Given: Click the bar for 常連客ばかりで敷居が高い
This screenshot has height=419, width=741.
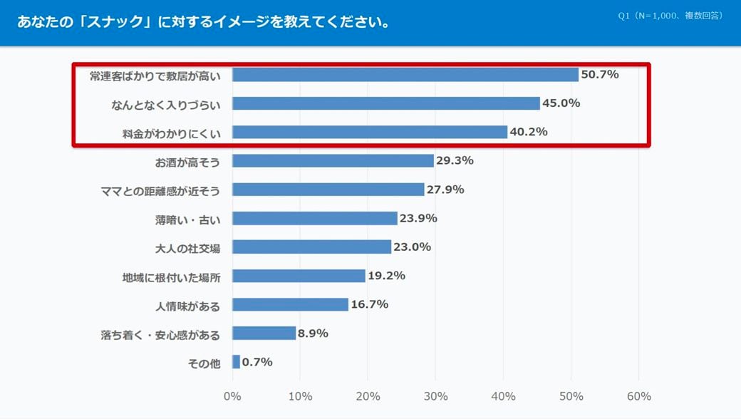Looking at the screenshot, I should pyautogui.click(x=405, y=75).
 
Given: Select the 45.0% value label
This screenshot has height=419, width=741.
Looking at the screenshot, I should pyautogui.click(x=561, y=103).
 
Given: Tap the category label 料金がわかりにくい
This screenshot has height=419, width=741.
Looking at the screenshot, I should pyautogui.click(x=172, y=133).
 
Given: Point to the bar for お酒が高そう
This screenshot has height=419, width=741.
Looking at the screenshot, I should pyautogui.click(x=333, y=161).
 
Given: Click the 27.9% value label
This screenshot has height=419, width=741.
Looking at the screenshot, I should pyautogui.click(x=445, y=190).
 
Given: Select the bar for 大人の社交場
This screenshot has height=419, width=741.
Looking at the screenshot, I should pyautogui.click(x=311, y=247).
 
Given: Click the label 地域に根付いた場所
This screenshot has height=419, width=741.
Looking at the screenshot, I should pyautogui.click(x=171, y=277).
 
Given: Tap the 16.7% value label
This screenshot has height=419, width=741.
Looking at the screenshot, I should pyautogui.click(x=369, y=304).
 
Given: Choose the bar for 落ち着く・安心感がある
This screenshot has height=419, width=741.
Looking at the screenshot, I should pyautogui.click(x=264, y=333).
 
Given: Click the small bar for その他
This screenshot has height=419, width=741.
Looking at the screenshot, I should pyautogui.click(x=236, y=362).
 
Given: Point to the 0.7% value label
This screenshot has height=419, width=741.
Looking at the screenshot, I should pyautogui.click(x=257, y=362).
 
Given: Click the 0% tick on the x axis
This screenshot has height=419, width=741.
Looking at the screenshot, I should pyautogui.click(x=232, y=396).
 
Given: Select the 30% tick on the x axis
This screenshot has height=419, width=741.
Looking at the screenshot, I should pyautogui.click(x=435, y=396).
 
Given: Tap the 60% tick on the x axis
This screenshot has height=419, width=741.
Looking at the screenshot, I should pyautogui.click(x=638, y=396).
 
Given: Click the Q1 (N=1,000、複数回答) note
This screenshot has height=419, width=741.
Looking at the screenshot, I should pyautogui.click(x=670, y=15).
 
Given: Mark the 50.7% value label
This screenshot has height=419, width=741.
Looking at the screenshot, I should pyautogui.click(x=600, y=74).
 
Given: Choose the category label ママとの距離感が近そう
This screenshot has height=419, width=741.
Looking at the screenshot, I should pyautogui.click(x=161, y=190).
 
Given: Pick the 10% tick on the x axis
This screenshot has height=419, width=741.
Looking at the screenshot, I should pyautogui.click(x=300, y=396).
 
